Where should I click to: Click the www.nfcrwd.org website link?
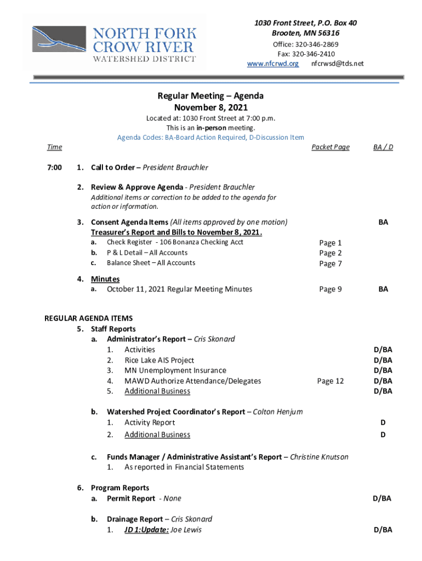point(273,64)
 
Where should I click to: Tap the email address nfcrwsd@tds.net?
point(337,64)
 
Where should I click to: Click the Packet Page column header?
point(330,147)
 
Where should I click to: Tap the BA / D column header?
point(383,147)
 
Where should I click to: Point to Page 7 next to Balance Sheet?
point(330,264)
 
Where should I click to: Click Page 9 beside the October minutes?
point(330,289)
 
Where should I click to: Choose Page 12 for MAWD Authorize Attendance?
point(330,381)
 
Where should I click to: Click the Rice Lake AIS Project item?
point(159,360)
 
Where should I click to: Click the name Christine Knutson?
point(319,457)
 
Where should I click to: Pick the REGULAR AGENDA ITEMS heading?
point(88,318)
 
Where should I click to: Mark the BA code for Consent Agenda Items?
point(383,222)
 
